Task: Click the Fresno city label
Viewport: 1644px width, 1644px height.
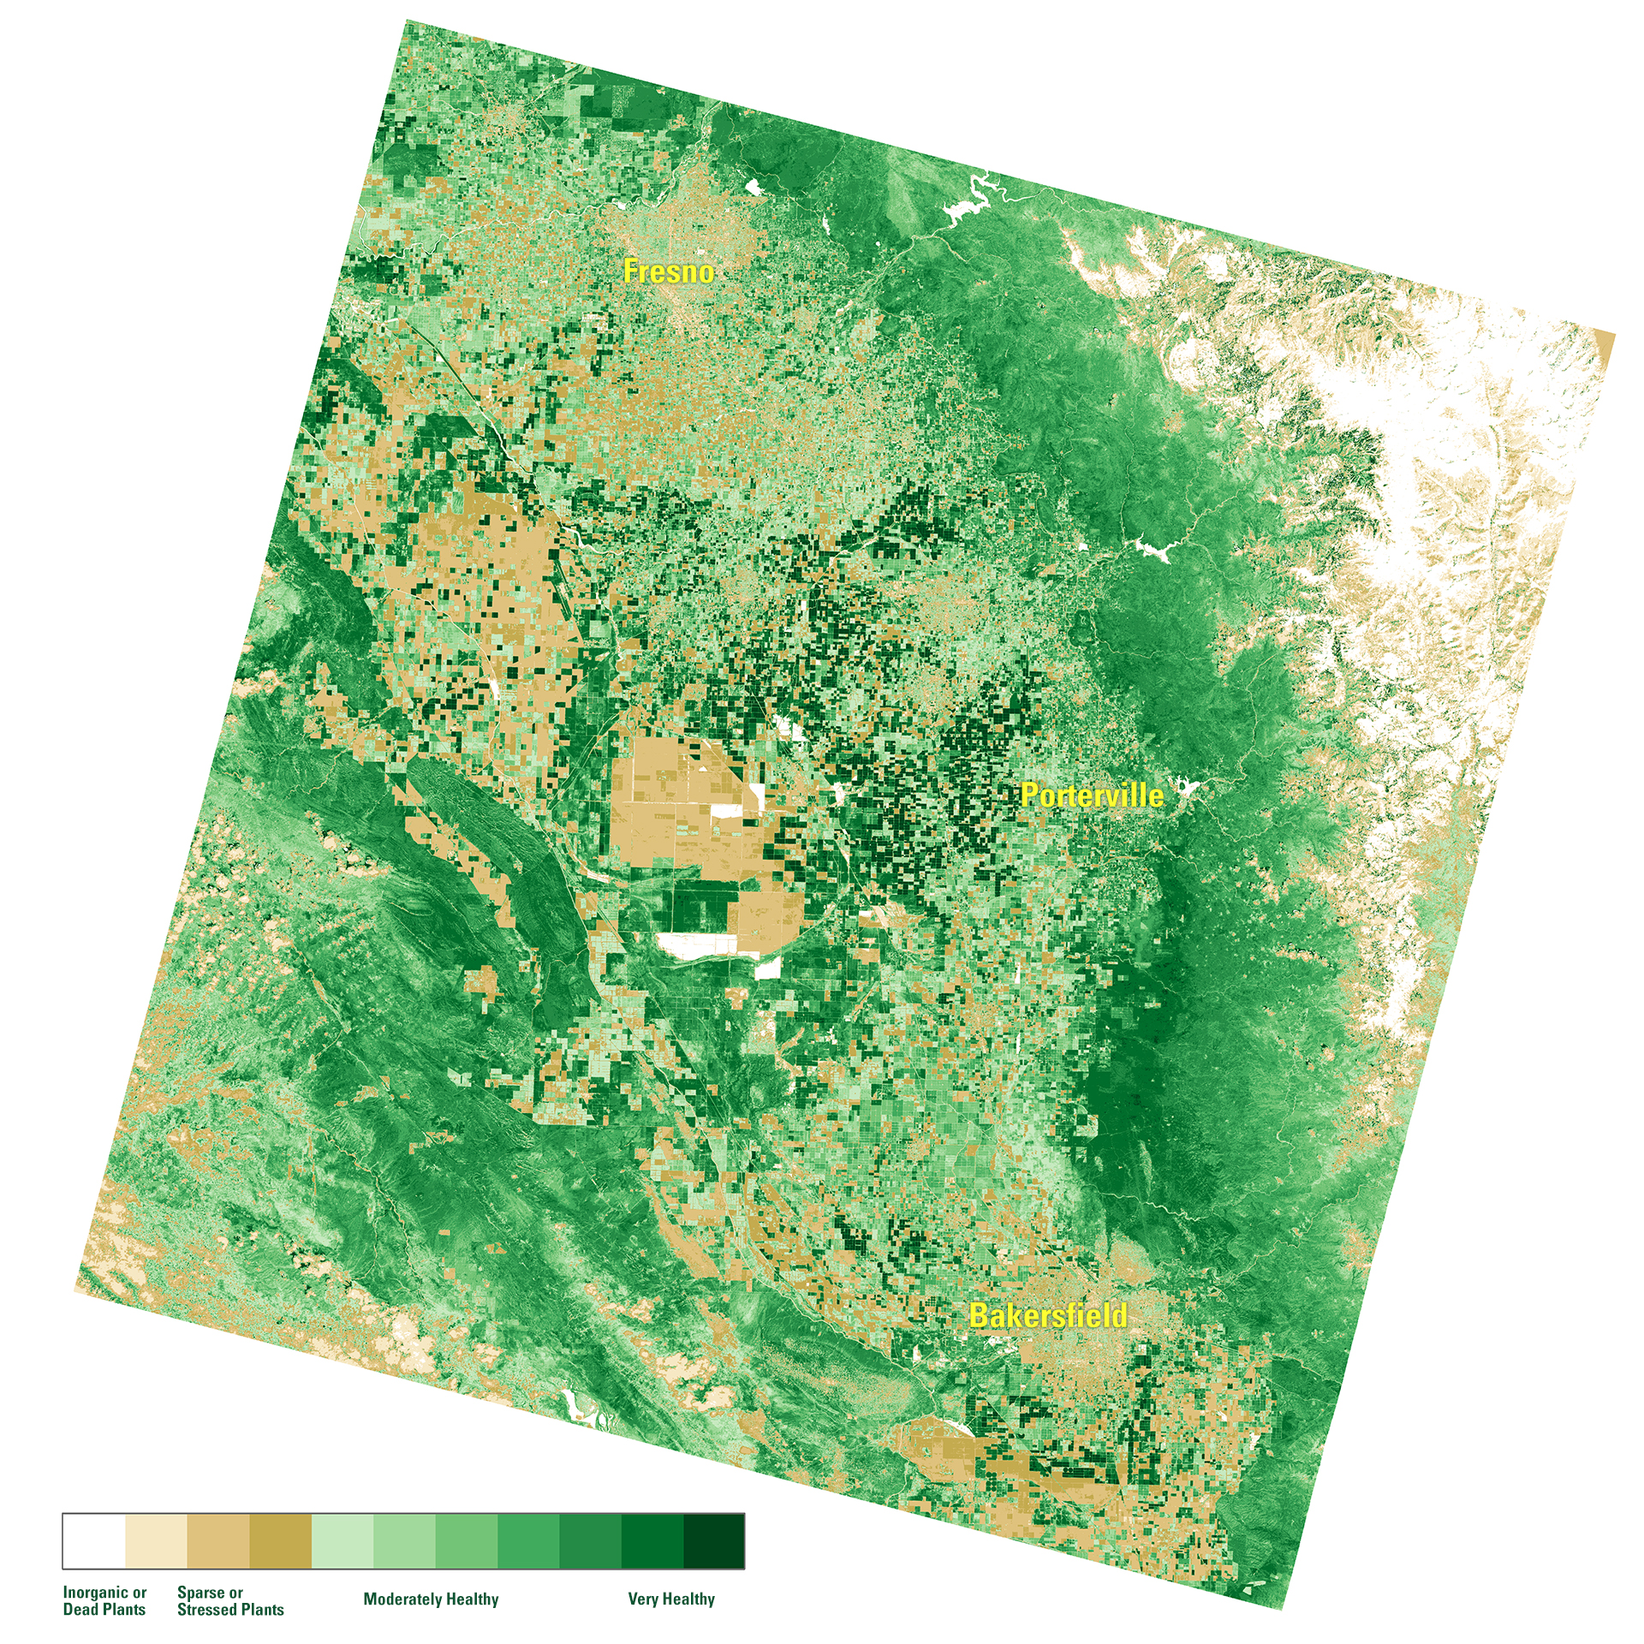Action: point(668,271)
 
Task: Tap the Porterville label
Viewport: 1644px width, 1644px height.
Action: point(1092,795)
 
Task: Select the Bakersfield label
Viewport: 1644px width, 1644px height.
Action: point(1047,1316)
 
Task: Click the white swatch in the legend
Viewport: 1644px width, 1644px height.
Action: point(93,1541)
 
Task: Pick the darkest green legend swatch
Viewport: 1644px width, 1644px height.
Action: point(714,1541)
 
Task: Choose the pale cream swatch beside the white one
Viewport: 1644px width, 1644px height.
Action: point(156,1541)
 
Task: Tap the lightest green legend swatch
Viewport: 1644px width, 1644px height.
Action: point(342,1541)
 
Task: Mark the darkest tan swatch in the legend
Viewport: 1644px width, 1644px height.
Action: point(280,1541)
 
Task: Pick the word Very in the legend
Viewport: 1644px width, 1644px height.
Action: point(644,1599)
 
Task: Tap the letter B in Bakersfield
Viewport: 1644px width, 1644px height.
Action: point(980,1316)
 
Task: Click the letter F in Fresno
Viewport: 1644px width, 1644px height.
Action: point(631,271)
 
